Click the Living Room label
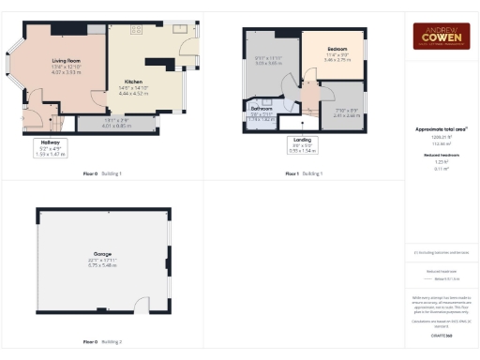point(65,59)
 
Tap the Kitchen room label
point(133,82)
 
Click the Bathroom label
point(261,108)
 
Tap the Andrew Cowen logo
point(441,37)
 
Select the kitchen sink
point(178,28)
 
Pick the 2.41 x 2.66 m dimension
point(347,116)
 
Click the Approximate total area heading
point(441,128)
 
